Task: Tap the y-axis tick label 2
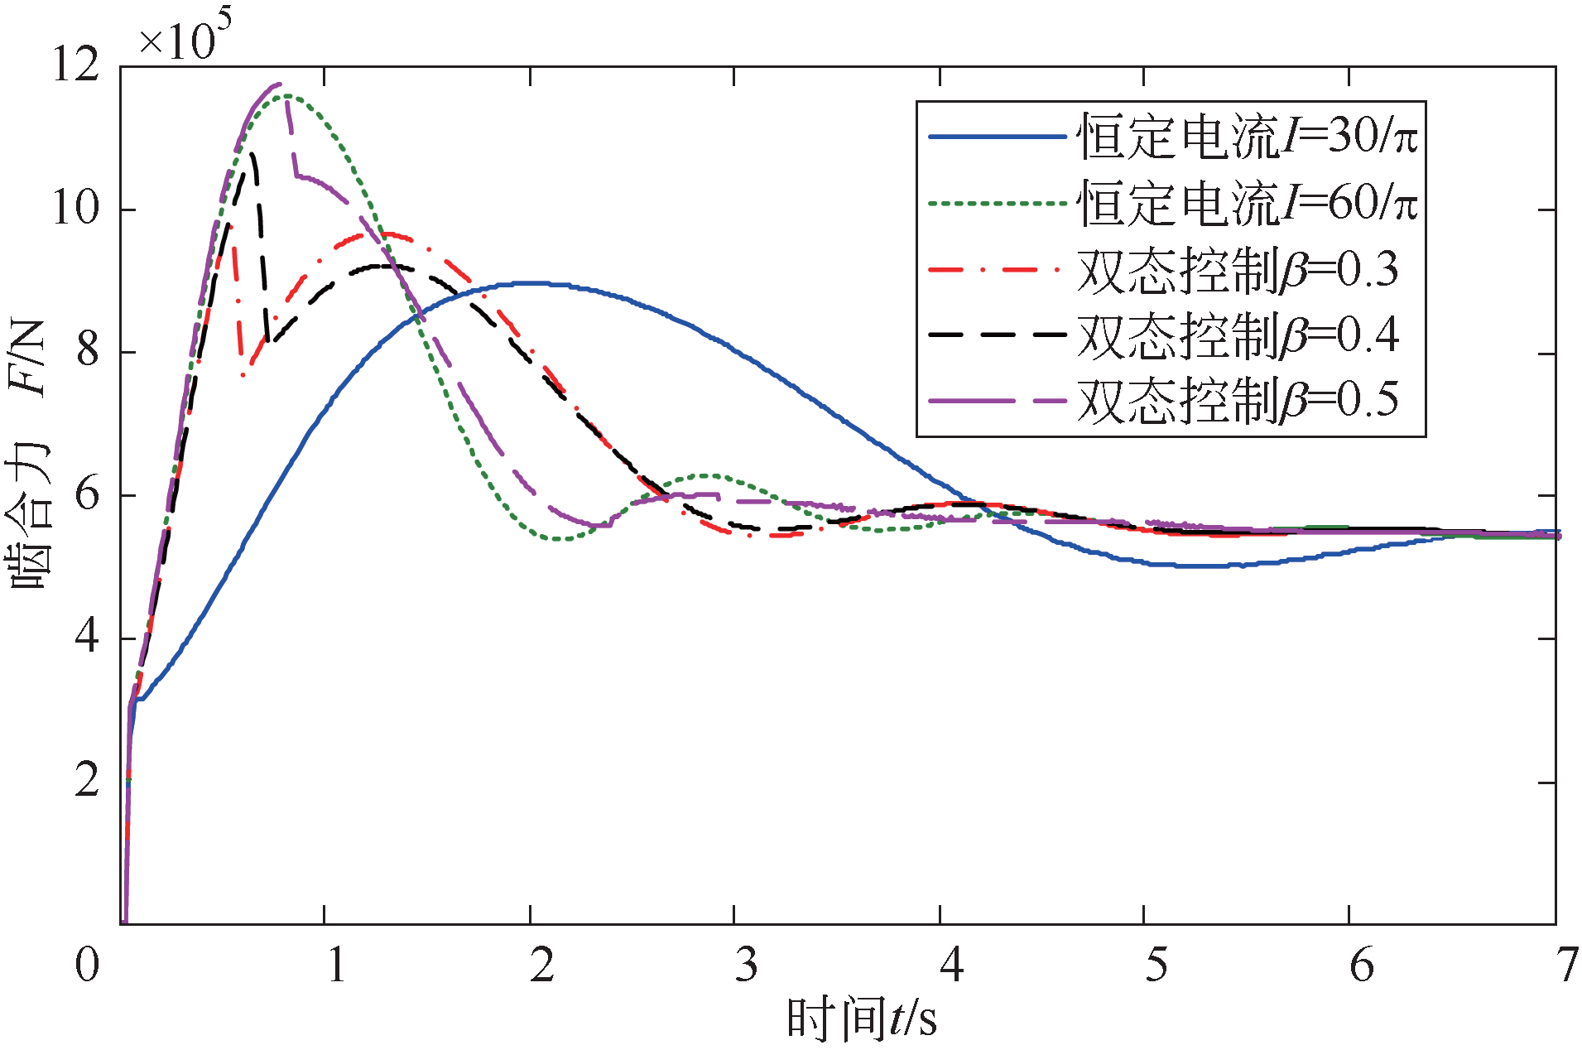(87, 781)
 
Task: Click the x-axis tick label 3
(746, 965)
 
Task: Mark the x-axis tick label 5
(1156, 965)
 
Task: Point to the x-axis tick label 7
(1565, 965)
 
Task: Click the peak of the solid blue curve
(530, 283)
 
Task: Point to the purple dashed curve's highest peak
(278, 84)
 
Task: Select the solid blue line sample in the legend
(997, 137)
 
